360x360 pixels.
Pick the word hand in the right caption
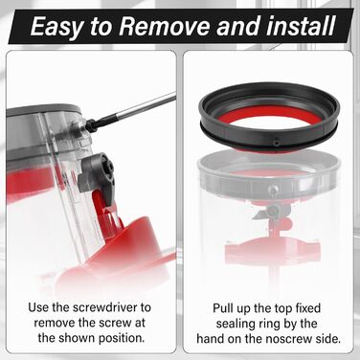pyautogui.click(x=210, y=338)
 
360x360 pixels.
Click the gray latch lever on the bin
pyautogui.click(x=97, y=175)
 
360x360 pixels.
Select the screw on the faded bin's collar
pyautogui.click(x=272, y=190)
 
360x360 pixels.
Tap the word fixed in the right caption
pyautogui.click(x=308, y=308)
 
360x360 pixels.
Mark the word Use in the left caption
pyautogui.click(x=38, y=307)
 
